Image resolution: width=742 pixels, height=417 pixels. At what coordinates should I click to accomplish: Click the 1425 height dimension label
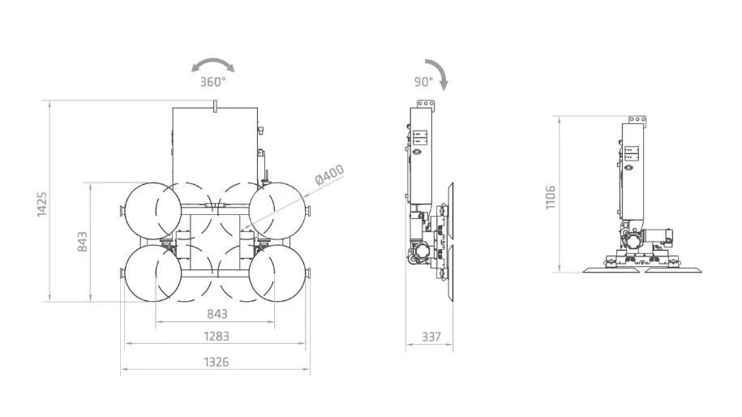coord(42,204)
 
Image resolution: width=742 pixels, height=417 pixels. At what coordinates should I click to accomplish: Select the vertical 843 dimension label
coord(83,242)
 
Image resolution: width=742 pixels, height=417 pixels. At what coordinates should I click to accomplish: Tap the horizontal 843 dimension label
coord(217,314)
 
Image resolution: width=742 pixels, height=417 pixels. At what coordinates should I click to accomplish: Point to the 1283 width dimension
coord(217,336)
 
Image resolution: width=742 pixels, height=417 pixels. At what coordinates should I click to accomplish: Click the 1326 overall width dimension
coord(217,362)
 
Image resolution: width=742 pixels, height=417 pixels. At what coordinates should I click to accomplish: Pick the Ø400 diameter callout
coord(329,175)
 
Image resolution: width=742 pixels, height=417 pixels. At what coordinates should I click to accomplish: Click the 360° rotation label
coord(213,82)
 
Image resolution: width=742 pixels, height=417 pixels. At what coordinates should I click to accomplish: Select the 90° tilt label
coord(423,82)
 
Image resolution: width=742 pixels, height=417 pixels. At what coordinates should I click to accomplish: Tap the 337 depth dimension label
coord(431,337)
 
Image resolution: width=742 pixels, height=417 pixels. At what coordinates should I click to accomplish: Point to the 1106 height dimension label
coord(550,197)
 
